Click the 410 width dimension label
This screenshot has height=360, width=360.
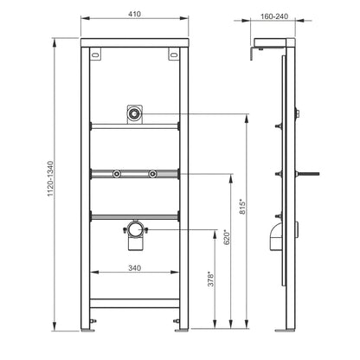click(134, 14)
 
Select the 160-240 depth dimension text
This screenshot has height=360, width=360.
click(274, 16)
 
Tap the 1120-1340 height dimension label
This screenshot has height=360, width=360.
click(50, 179)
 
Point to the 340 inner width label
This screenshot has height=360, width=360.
click(134, 268)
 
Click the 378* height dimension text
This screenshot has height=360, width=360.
click(211, 279)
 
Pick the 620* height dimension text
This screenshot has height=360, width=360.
click(228, 237)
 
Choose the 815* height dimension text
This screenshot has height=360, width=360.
click(243, 207)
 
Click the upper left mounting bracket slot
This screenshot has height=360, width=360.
click(95, 55)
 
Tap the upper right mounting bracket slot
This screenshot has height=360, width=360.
click(174, 55)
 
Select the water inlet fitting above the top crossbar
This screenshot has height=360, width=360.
click(134, 114)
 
